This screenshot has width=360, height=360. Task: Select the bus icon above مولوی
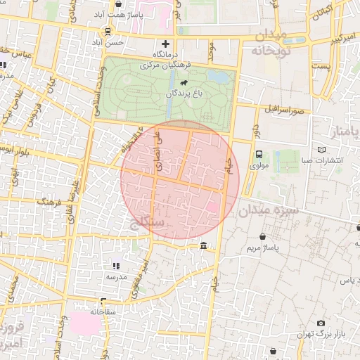[259, 155]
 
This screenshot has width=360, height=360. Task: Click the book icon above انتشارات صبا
[322, 150]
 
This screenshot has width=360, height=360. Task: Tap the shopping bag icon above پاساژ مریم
[263, 238]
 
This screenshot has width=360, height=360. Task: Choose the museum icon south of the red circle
[203, 246]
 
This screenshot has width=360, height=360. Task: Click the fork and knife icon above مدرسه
[116, 266]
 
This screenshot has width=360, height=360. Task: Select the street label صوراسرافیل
[283, 110]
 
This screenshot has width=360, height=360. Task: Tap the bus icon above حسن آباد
[107, 32]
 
